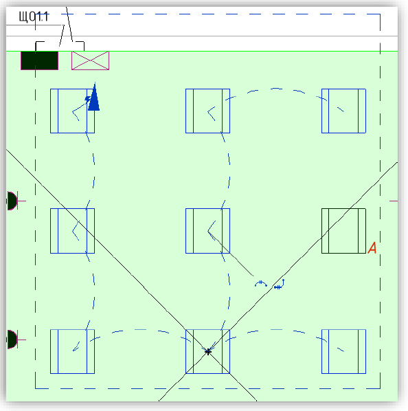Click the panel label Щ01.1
(34, 16)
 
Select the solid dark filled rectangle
(40, 60)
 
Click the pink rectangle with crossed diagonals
(91, 60)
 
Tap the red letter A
(372, 247)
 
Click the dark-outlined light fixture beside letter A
(343, 231)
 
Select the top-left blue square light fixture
(72, 111)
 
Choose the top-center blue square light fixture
(207, 111)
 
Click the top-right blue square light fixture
(343, 111)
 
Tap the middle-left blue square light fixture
(72, 231)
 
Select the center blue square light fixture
(207, 231)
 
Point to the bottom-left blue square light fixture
(72, 351)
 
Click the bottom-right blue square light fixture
(343, 351)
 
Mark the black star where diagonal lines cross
(208, 352)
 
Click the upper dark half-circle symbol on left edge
(12, 201)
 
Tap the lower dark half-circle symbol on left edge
(12, 340)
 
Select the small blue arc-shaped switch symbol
(261, 283)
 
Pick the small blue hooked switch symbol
(280, 285)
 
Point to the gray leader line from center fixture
(231, 254)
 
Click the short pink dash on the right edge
(394, 201)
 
